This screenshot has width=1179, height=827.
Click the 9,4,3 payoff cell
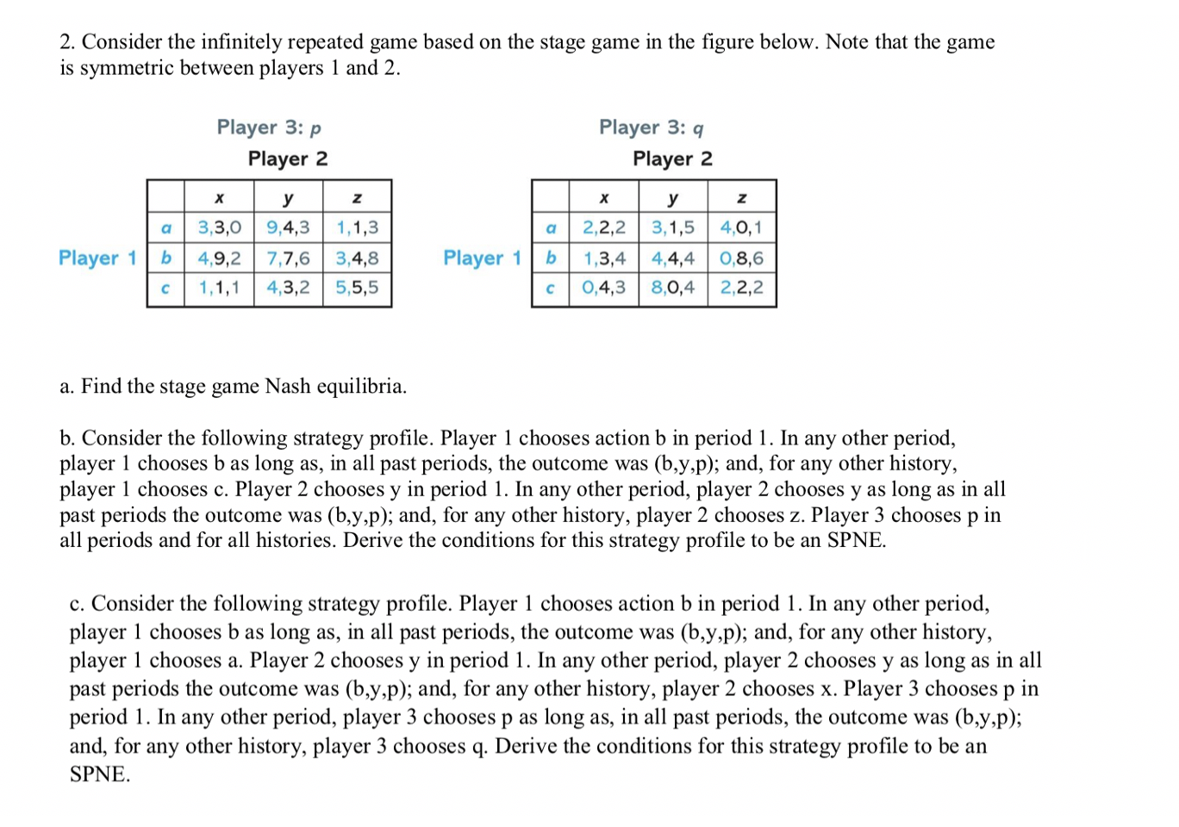pos(288,228)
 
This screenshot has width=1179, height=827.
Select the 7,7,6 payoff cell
pos(288,258)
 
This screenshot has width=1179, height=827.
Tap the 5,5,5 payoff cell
pos(357,288)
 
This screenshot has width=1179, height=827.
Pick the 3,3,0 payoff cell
pos(219,228)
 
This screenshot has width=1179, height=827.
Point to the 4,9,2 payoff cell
pos(219,258)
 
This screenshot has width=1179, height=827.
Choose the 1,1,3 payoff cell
pos(357,228)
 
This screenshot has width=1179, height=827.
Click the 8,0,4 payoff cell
pos(672,288)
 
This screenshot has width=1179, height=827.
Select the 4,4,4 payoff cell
pos(672,258)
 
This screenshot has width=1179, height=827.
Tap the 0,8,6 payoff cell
pos(741,258)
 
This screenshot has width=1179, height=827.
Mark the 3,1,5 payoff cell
pos(672,228)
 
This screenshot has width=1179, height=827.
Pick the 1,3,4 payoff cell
pos(604,258)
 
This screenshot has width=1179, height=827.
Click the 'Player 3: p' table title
pos(269,128)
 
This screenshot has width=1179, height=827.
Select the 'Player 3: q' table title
pos(652,128)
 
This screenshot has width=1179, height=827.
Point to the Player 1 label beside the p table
pos(97,258)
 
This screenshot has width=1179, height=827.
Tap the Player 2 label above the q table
pos(672,159)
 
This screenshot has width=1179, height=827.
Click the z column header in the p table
pos(357,198)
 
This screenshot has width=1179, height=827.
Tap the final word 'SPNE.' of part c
pos(100,774)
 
